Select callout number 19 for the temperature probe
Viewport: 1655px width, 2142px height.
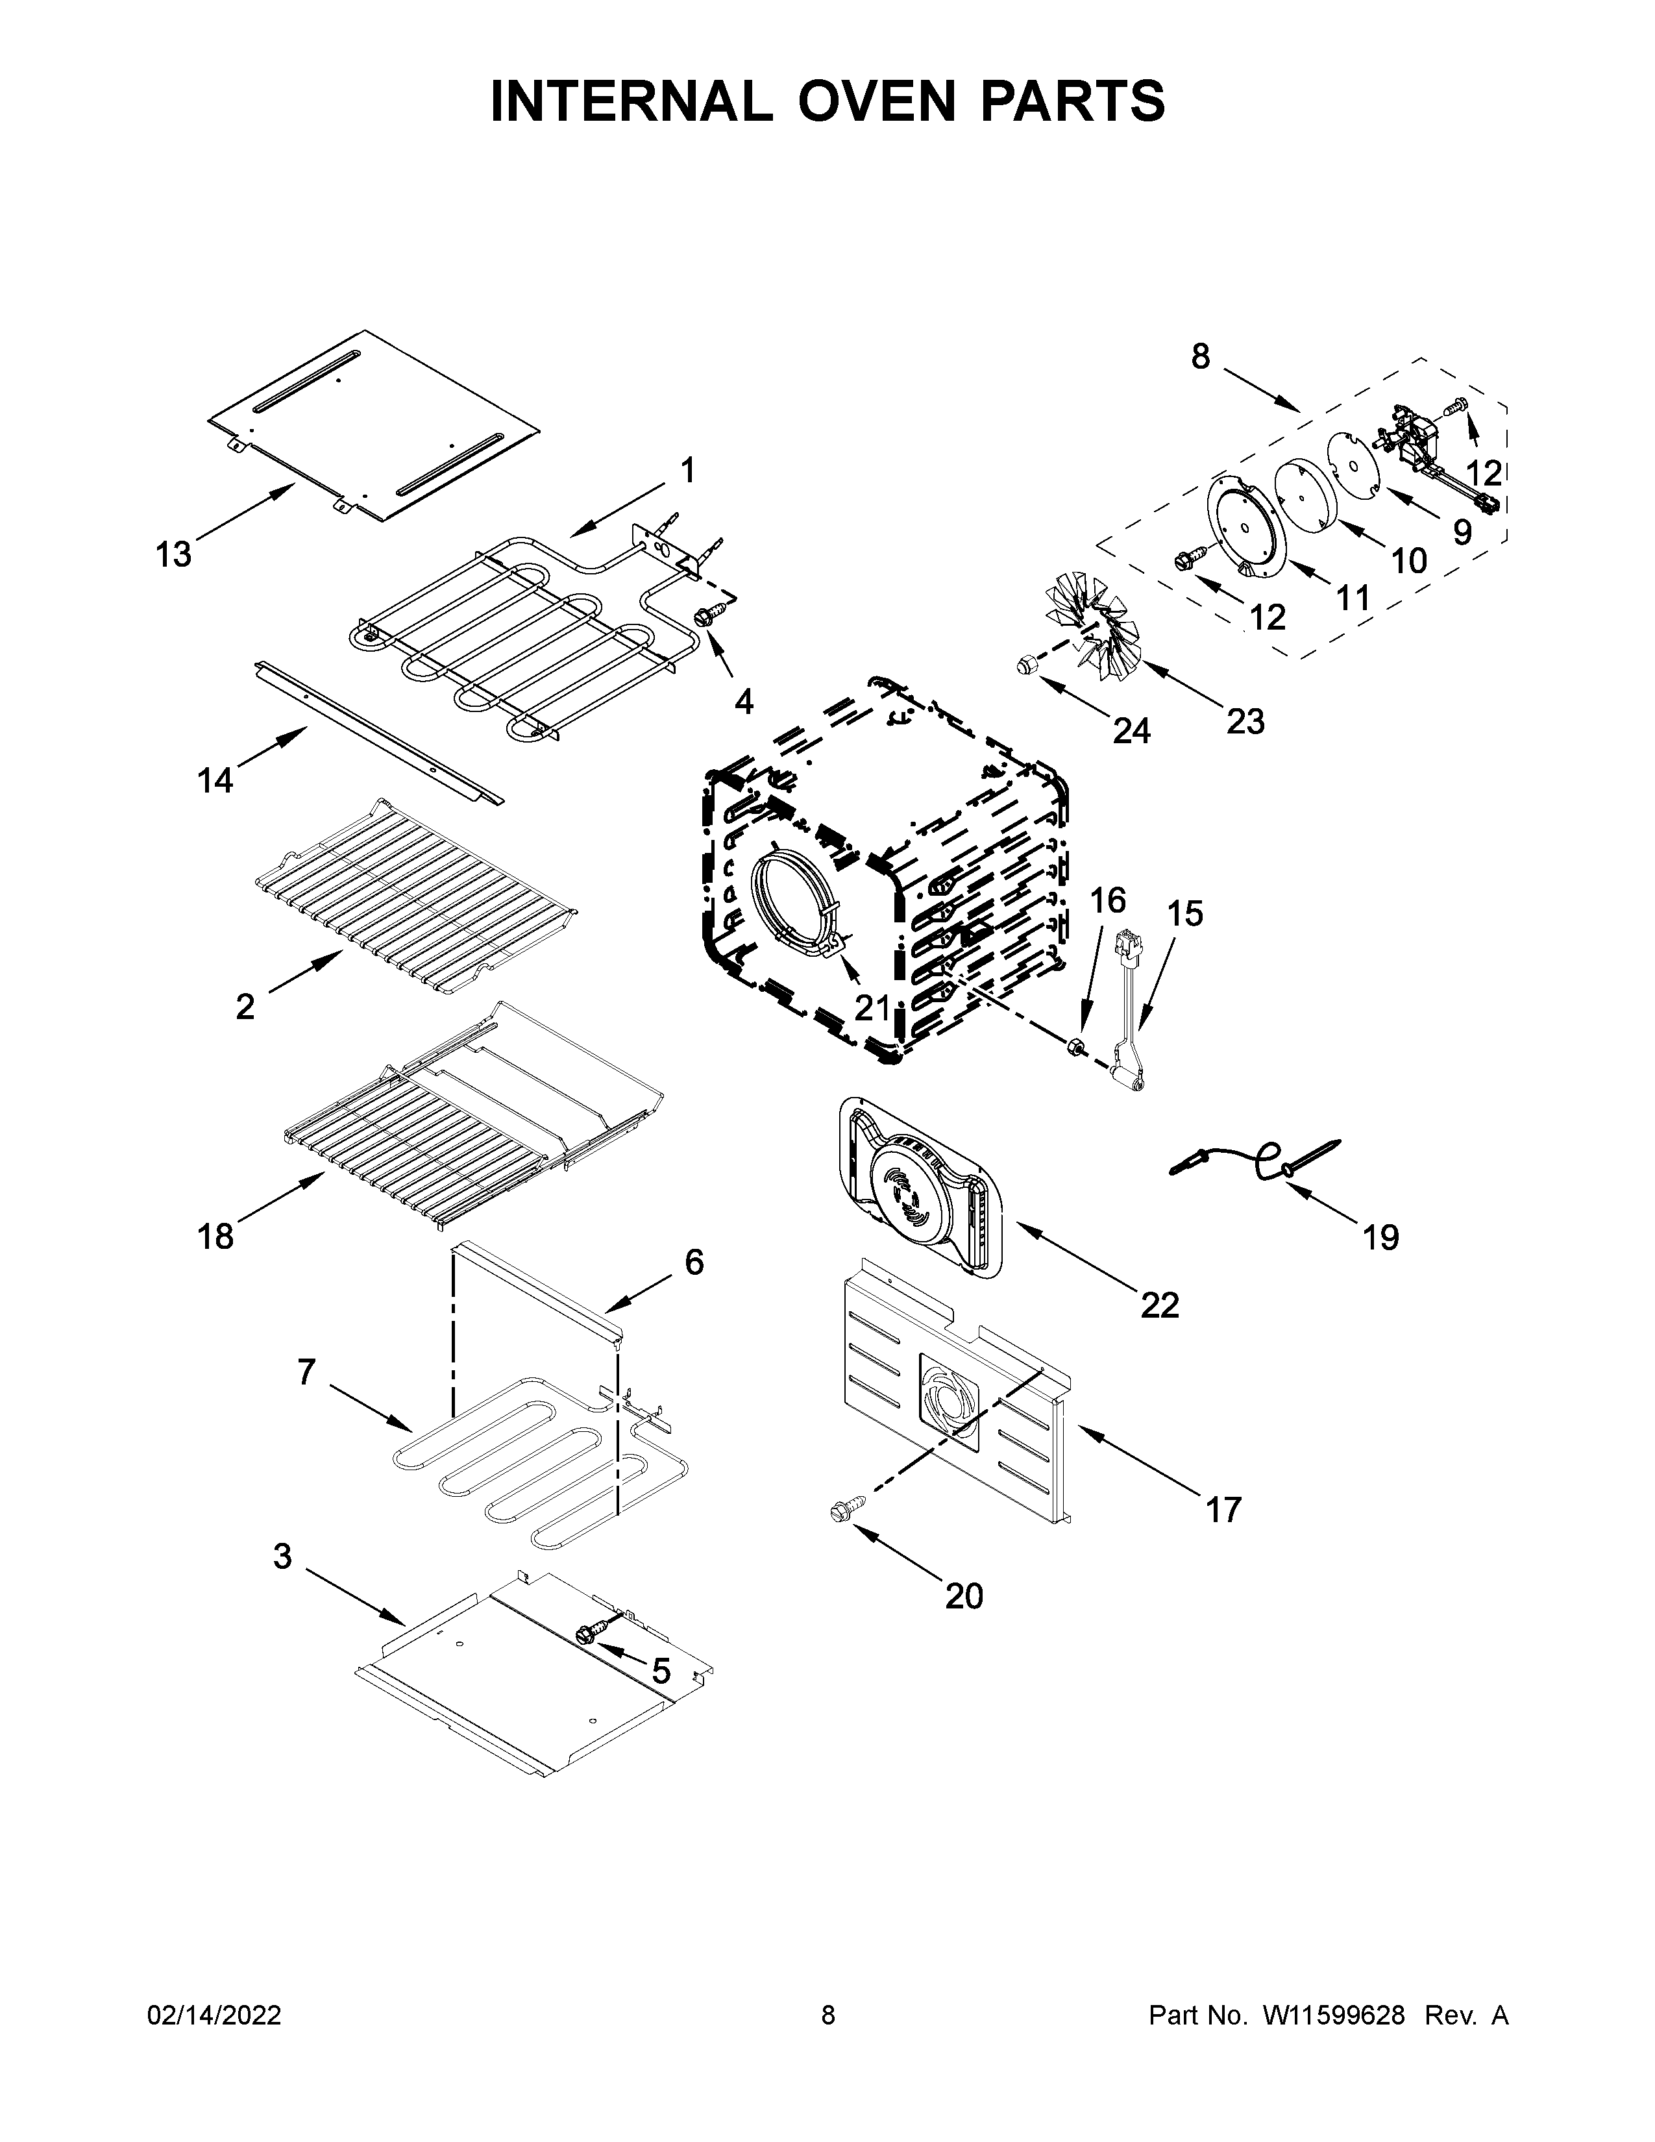pos(1380,1238)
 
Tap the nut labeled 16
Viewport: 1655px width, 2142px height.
pos(1075,1048)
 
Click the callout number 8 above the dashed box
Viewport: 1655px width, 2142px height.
pos(1200,357)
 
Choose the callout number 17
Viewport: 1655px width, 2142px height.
pos(1223,1508)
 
